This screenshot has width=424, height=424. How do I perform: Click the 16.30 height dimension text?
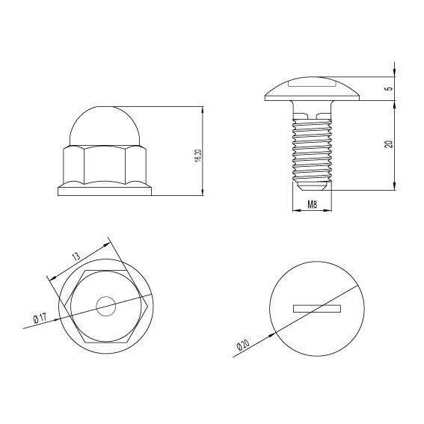point(198,156)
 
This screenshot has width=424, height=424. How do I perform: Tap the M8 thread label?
point(312,203)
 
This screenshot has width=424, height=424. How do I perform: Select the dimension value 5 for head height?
point(389,87)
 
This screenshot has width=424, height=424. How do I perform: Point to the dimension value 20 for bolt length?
point(389,143)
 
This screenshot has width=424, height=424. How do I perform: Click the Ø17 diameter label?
point(40,319)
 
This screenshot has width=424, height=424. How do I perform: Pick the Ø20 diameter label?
point(243,345)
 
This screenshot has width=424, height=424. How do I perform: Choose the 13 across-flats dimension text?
point(76,256)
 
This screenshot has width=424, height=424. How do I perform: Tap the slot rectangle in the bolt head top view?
point(317,307)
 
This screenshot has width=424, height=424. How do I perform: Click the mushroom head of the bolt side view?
point(313,88)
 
